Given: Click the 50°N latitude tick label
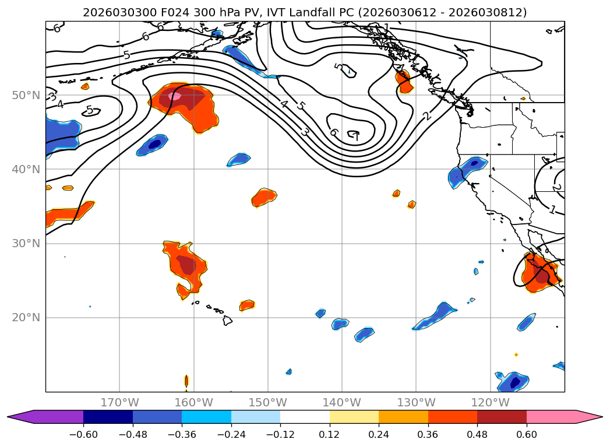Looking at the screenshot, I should tap(25, 95).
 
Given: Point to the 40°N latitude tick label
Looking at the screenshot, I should tap(25, 169).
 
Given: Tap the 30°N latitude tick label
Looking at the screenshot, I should tap(25, 243).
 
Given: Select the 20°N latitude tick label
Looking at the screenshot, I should tap(25, 318).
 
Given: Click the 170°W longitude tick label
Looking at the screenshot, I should tap(119, 402).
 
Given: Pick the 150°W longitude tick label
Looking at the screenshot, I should tap(268, 402).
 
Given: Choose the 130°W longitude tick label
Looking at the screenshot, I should tap(416, 402).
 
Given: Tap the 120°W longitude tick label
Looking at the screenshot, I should tap(491, 402).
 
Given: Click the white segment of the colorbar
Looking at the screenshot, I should tap(305, 416).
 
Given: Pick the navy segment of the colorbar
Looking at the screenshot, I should tap(108, 416).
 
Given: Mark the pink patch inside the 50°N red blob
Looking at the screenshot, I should tap(175, 96).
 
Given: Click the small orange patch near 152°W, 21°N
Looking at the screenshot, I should tap(247, 304).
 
